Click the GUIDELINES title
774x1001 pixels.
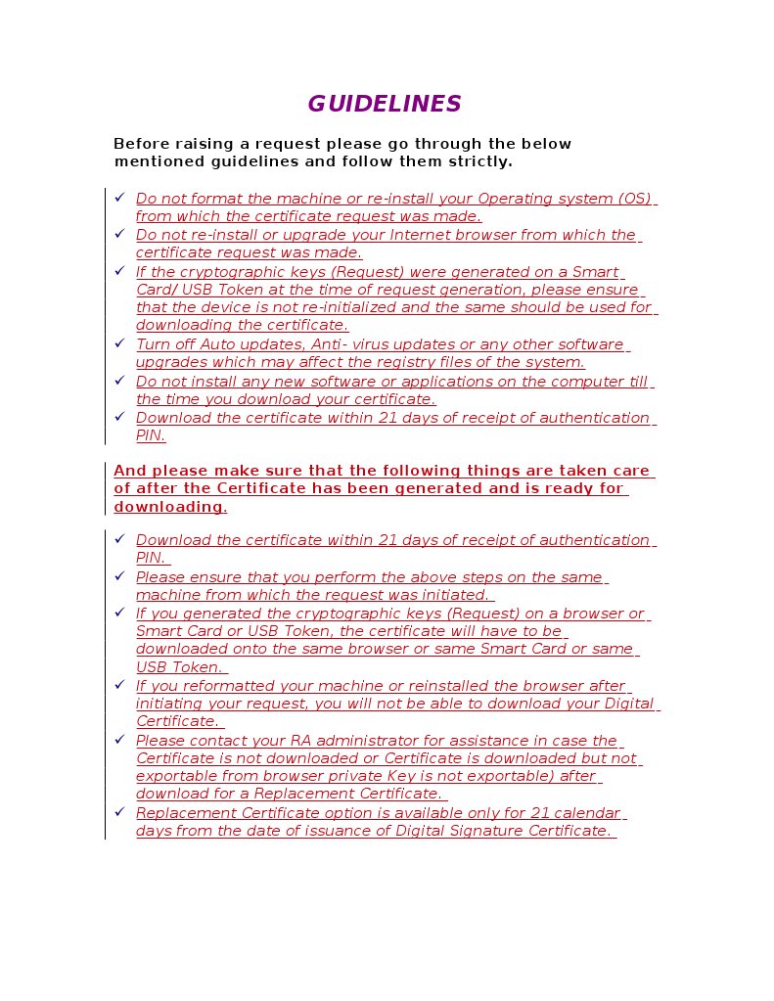384,105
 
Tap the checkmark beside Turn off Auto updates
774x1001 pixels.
119,343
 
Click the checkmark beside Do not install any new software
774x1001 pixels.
119,381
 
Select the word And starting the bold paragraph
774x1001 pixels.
130,471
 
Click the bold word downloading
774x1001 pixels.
169,507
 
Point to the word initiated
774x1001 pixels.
454,595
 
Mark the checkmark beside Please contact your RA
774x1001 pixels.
119,740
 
